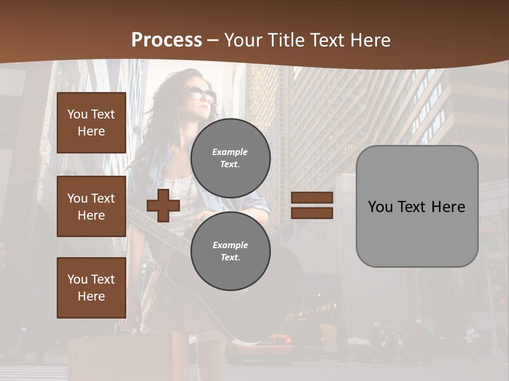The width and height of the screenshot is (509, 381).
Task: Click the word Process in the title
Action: coord(166,40)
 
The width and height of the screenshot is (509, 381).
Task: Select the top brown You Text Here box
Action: coord(91,123)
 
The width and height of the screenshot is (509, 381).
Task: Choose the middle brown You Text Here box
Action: coord(91,206)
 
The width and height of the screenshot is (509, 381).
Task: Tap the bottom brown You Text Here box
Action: coord(91,288)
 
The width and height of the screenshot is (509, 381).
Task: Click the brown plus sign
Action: coord(163,205)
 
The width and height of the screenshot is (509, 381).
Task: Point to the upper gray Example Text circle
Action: coord(231,158)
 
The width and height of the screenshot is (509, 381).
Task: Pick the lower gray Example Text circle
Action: coord(231,251)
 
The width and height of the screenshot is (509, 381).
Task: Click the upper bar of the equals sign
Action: coord(312,197)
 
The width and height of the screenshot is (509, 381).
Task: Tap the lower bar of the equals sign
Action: coord(312,213)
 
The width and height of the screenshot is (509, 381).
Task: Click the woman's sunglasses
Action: coord(201,95)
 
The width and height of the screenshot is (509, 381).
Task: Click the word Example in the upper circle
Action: coord(230,152)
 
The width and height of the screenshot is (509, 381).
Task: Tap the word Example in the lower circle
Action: coord(230,245)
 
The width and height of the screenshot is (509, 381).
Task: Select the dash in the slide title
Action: coord(213,40)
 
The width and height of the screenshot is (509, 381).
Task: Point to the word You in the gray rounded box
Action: coord(380,207)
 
